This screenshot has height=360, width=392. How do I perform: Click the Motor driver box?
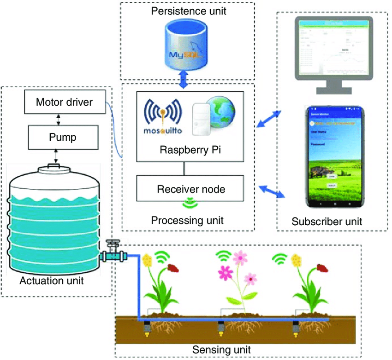point(65,102)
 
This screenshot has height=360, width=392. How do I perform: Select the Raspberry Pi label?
point(184,150)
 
